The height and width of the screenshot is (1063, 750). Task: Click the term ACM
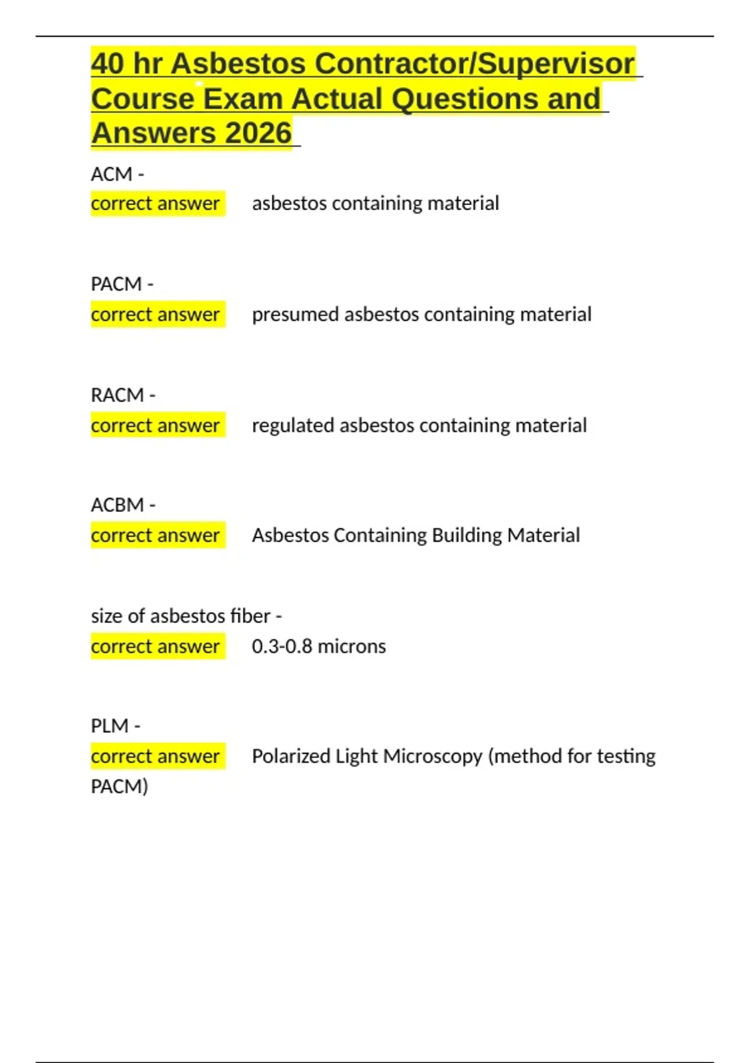[x=111, y=174]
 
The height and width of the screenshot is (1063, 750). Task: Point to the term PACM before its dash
[x=116, y=284]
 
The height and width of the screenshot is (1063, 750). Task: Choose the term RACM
[x=117, y=395]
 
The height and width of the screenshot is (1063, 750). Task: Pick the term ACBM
[x=117, y=505]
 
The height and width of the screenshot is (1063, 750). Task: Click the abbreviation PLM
[x=109, y=726]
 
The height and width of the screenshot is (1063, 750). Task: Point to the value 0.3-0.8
[x=282, y=646]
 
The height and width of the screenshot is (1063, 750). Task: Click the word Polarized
[x=291, y=756]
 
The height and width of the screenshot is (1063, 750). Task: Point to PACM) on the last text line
[x=119, y=786]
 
